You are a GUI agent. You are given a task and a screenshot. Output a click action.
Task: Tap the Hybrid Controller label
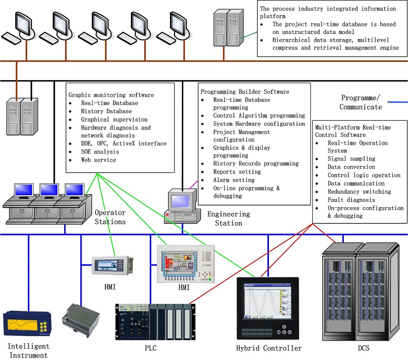click(x=269, y=348)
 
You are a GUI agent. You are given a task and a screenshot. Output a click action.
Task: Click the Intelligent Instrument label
click(x=28, y=351)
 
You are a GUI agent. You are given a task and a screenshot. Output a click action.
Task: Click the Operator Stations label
click(x=110, y=217)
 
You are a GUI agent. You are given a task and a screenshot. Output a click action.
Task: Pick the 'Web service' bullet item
click(x=98, y=160)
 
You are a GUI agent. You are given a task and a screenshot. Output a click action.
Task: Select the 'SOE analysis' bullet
click(x=100, y=152)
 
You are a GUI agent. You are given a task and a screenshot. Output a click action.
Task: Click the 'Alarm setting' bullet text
click(x=234, y=180)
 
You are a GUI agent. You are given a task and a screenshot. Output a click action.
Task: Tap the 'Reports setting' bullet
click(x=237, y=172)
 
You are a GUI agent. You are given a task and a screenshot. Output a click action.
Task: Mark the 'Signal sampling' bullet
click(x=351, y=159)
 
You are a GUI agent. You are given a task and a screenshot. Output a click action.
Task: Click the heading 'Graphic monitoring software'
click(x=111, y=95)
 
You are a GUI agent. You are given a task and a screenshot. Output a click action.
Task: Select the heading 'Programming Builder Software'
click(x=245, y=92)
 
